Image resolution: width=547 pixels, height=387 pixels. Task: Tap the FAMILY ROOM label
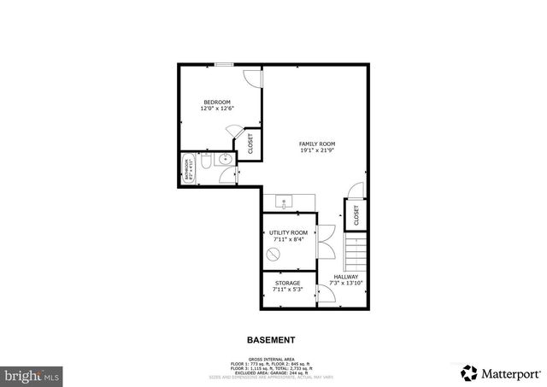[316, 143]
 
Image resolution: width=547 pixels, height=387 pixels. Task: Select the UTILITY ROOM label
[287, 232]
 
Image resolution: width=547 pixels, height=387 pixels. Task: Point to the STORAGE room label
[287, 283]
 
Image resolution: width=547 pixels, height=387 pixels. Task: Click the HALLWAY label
[346, 276]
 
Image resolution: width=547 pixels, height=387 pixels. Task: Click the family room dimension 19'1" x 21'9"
[316, 150]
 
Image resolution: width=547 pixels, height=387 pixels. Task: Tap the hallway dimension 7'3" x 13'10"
[346, 283]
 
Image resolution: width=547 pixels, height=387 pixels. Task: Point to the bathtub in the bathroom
[188, 168]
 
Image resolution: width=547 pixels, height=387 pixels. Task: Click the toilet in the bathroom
[206, 161]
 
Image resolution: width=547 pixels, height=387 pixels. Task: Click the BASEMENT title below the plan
[271, 339]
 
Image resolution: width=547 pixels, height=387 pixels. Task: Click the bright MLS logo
[32, 374]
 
